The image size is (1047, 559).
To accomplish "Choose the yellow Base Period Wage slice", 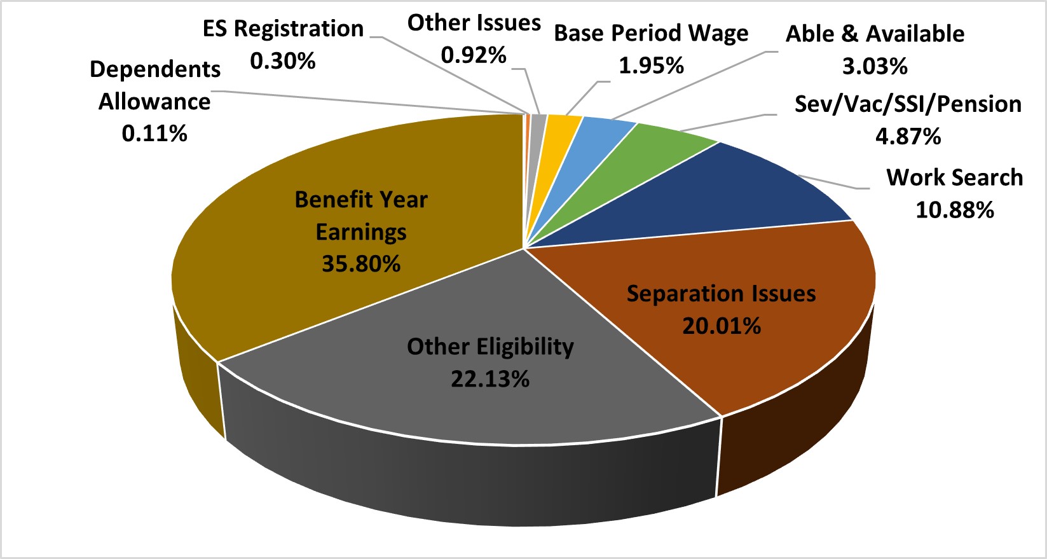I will coord(563,124).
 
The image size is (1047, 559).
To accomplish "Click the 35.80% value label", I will coord(361,264).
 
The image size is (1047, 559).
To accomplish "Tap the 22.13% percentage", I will coord(490,380).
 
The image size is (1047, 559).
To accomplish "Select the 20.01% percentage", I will coord(722,326).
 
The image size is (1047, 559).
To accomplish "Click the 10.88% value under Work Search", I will coord(954,210).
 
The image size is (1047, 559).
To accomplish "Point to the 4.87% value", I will coord(908,136).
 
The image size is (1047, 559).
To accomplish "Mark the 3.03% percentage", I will coord(875,66).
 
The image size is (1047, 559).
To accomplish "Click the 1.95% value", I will coord(651,66).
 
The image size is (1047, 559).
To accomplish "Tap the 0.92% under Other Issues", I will coord(474,55).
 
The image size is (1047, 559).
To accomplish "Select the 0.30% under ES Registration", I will coord(283,61).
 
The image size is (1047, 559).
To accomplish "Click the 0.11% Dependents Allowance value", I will coord(154,134).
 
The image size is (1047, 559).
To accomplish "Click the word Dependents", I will coord(155,69).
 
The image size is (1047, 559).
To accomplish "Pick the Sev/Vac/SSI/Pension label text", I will coord(908,104).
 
